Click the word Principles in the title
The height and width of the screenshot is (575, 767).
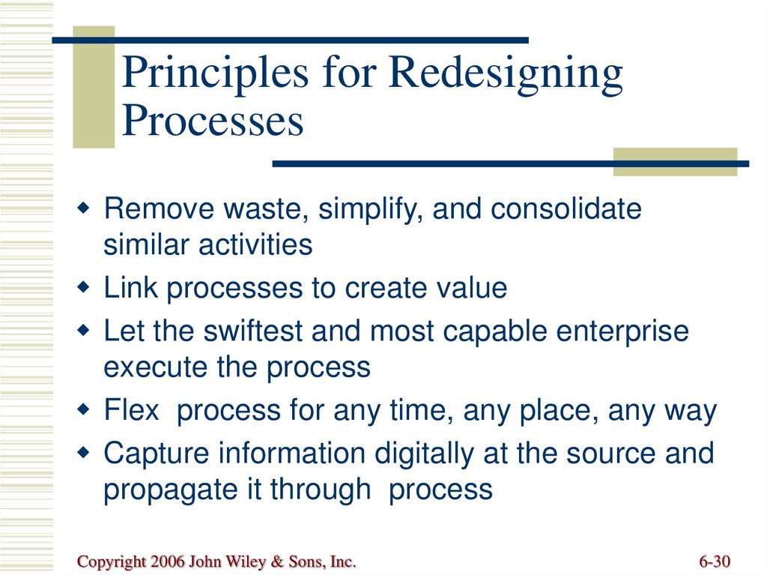tap(215, 73)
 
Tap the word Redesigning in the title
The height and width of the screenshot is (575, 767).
tap(506, 73)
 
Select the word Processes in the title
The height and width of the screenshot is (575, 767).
tap(213, 120)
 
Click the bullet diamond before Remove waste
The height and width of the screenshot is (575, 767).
tap(84, 208)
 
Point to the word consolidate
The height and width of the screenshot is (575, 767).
tap(566, 208)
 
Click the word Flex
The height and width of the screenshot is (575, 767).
tap(132, 409)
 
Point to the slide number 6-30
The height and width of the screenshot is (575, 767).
tap(714, 562)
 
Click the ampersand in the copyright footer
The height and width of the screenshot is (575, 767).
tap(277, 562)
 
